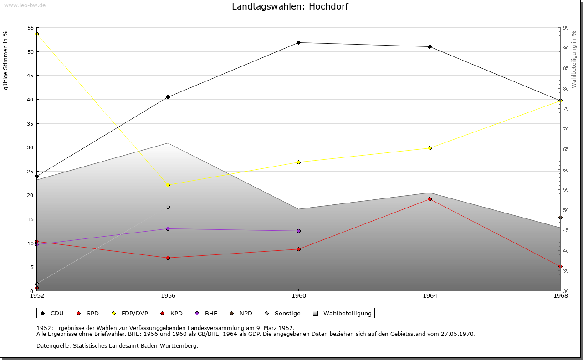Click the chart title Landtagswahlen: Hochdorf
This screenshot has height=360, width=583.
(290, 6)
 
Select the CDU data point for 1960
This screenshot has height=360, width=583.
(298, 42)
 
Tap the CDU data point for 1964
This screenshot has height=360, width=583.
(430, 46)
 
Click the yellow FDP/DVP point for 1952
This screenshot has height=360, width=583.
(36, 34)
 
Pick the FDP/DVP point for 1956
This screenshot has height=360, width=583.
(168, 185)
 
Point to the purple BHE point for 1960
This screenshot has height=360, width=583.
(298, 231)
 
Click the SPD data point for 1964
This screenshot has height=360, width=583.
(430, 199)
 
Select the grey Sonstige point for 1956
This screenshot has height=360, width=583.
(168, 207)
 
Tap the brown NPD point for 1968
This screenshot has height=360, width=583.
(560, 217)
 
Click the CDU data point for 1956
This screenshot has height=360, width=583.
(168, 97)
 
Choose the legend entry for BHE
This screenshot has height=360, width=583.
(207, 313)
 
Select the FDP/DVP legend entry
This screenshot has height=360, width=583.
(130, 313)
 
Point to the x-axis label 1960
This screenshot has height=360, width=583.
(298, 296)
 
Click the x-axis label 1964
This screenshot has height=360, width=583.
(430, 296)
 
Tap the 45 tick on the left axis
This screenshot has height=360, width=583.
(30, 76)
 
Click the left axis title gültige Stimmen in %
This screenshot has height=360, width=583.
(5, 60)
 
